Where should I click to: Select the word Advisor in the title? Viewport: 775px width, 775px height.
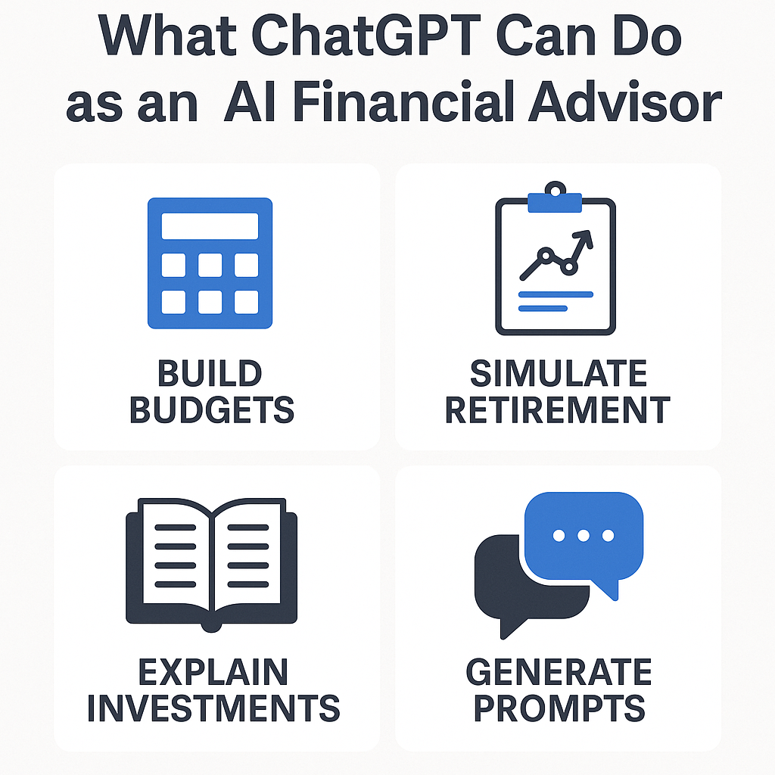(x=624, y=103)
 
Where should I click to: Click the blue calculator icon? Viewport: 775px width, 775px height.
(x=210, y=263)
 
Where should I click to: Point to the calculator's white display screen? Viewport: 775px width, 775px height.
(x=210, y=226)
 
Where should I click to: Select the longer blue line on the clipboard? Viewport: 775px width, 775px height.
(x=556, y=294)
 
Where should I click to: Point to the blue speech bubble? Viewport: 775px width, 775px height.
(x=584, y=540)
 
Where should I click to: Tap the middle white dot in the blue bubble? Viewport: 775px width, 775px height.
(x=584, y=535)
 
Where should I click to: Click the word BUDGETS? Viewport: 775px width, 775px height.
(x=212, y=409)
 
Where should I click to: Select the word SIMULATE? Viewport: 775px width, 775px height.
(x=559, y=373)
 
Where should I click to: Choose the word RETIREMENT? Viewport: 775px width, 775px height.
(x=558, y=409)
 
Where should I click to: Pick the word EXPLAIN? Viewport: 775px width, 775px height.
(x=213, y=672)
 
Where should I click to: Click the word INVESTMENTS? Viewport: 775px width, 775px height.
(x=213, y=708)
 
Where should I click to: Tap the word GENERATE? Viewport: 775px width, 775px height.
(x=559, y=672)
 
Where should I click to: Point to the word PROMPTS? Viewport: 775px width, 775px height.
(x=559, y=708)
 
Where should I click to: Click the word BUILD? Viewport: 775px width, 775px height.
(x=210, y=373)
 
